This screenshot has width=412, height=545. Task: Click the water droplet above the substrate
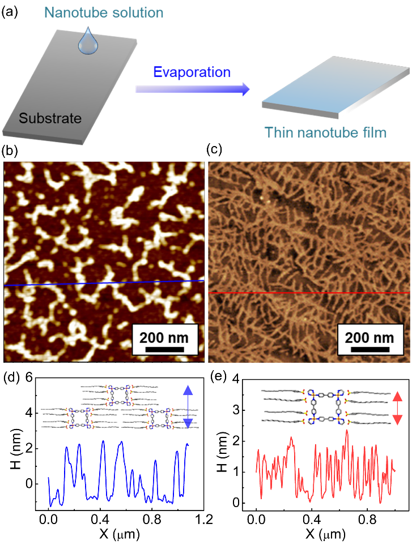87,43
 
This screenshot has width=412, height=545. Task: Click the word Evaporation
192,72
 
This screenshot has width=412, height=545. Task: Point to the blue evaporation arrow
193,88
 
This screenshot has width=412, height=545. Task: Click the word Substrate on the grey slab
50,118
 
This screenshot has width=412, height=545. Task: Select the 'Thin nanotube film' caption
325,133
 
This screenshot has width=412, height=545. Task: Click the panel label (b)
11,151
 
